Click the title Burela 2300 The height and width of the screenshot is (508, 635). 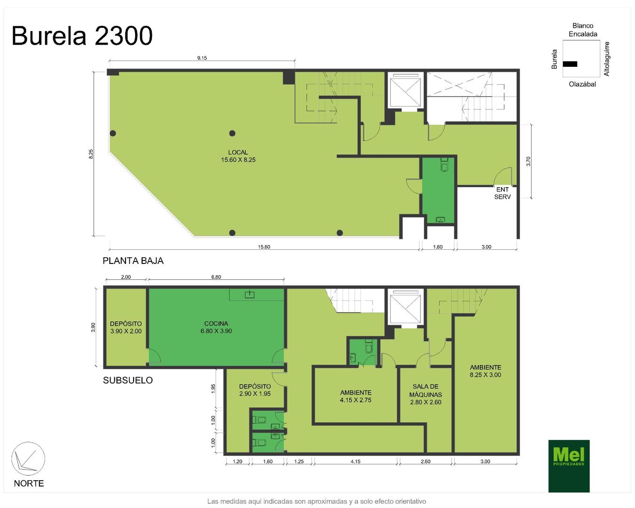82,36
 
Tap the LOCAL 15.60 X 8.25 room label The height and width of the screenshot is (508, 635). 238,156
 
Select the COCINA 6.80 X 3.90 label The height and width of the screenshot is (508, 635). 216,327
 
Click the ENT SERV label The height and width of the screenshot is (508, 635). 502,193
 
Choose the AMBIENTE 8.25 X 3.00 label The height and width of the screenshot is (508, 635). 485,371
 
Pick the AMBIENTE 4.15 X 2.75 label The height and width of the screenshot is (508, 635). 356,397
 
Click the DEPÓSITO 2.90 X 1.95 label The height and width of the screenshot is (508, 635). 255,390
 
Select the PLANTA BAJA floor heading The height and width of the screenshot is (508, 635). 133,261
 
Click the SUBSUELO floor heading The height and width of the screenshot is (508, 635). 128,380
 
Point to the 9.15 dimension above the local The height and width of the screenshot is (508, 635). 202,58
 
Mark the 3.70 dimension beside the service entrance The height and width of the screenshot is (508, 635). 528,161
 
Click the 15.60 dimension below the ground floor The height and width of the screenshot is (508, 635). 264,247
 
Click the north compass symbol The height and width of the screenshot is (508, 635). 28,459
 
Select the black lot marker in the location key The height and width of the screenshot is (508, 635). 570,64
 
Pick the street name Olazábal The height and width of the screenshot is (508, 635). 582,84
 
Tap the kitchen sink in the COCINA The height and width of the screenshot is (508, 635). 250,294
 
